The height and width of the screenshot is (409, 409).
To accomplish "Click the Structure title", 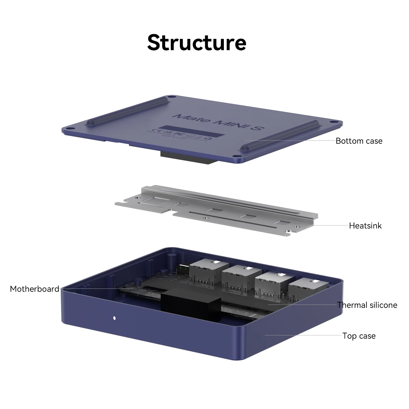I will click(197, 43).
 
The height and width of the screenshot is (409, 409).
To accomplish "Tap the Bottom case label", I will click(359, 141).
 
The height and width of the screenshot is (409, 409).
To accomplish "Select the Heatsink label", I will click(365, 226).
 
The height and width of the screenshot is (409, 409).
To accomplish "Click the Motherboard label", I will click(35, 289).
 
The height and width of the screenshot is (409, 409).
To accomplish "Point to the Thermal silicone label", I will click(367, 305).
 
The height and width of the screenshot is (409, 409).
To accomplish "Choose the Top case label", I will click(359, 336).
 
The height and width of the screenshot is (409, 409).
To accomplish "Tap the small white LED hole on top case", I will click(115, 318).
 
